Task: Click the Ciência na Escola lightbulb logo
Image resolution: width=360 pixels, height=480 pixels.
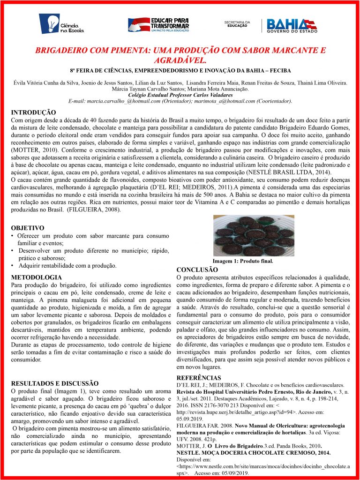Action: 61,24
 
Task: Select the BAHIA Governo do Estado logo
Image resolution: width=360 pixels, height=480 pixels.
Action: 291,25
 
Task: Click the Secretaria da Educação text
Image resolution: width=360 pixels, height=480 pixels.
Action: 238,23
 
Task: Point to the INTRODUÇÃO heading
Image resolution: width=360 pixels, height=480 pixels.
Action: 33,112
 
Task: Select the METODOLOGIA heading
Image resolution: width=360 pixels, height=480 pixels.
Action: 36,277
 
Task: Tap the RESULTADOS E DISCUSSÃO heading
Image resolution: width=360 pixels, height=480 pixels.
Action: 54,383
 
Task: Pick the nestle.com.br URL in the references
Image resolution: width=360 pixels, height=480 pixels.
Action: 262,467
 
